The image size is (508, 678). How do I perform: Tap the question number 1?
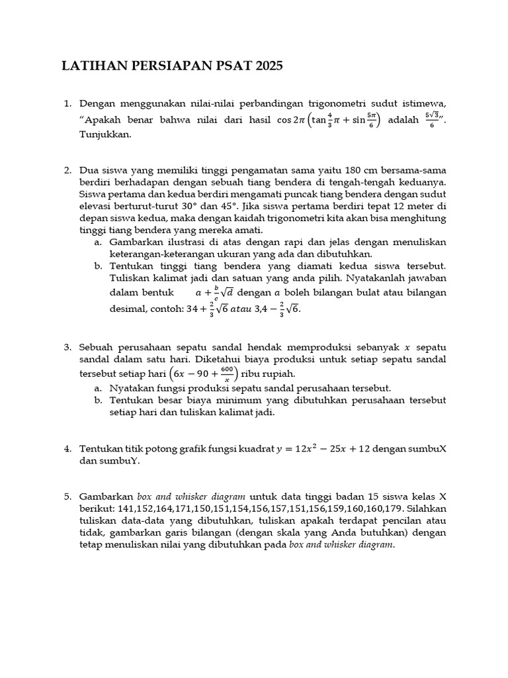point(67,103)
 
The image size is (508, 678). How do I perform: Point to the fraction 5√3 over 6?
point(434,121)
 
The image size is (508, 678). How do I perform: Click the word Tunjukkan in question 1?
point(105,134)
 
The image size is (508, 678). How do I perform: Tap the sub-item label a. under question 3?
point(98,388)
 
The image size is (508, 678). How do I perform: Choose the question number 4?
point(67,449)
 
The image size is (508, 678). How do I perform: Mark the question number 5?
point(67,497)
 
